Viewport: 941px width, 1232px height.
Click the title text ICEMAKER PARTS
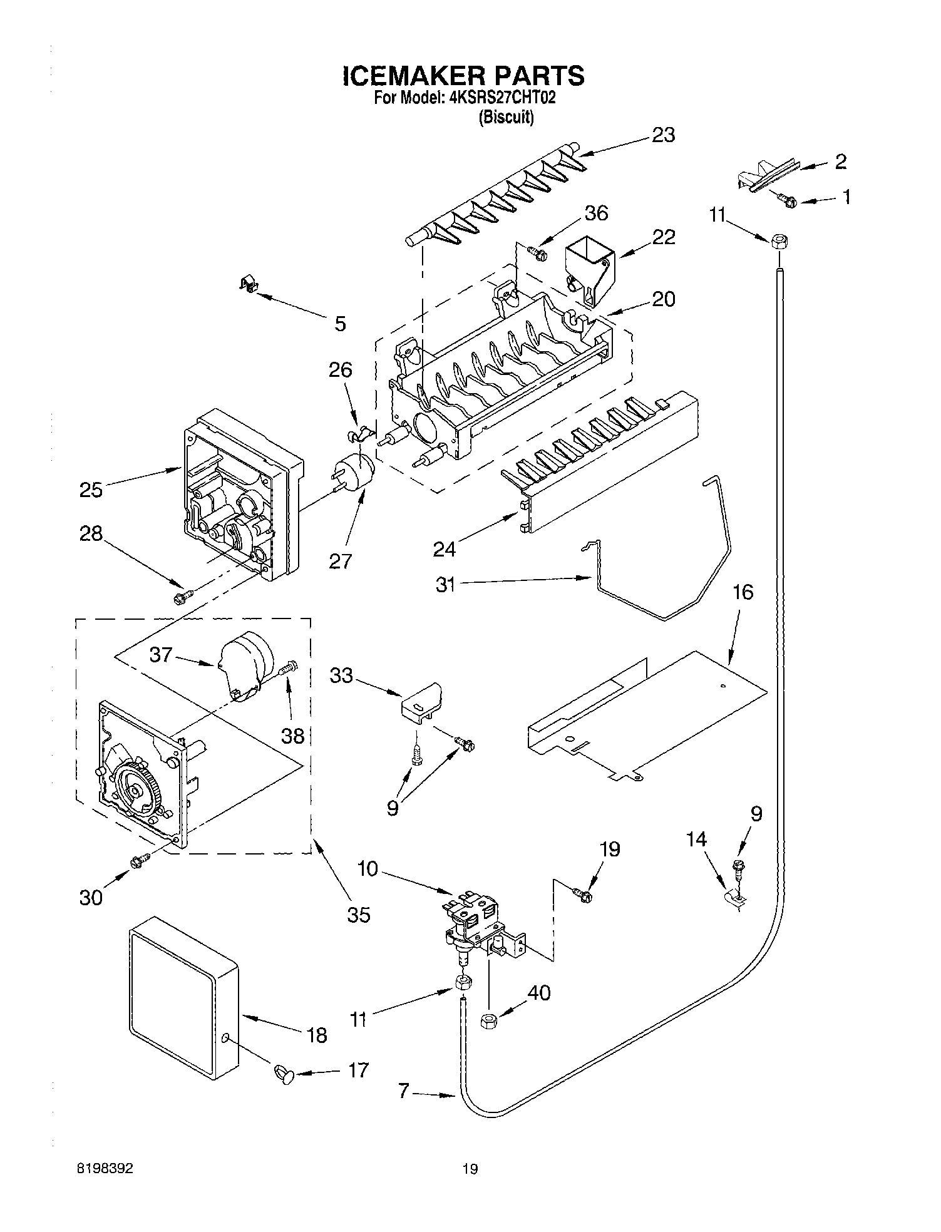[x=463, y=76]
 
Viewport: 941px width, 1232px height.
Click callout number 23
[x=663, y=135]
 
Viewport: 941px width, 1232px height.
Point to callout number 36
[x=595, y=213]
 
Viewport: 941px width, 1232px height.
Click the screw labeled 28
[x=182, y=597]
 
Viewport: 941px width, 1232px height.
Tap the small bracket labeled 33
[x=421, y=702]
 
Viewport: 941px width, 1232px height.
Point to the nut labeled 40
[x=488, y=1022]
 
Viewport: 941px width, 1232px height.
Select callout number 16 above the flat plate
[x=743, y=592]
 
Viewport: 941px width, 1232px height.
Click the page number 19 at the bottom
[x=470, y=1168]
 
